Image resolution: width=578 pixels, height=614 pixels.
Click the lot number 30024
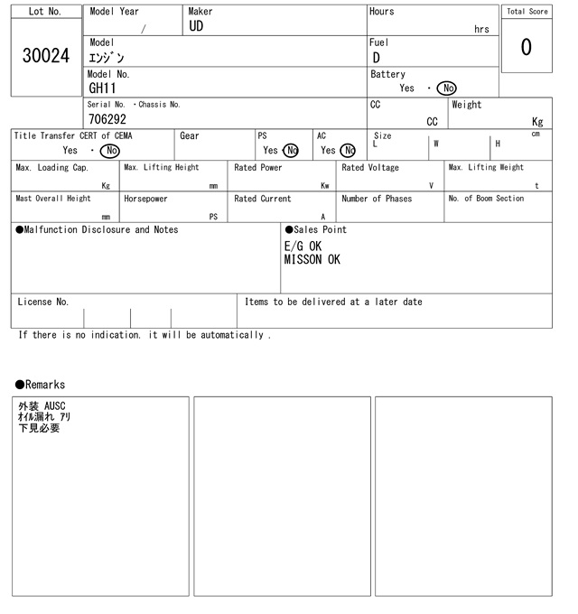[x=46, y=56]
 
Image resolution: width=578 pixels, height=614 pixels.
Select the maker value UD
[x=197, y=26]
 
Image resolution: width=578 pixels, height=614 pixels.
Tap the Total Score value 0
[x=526, y=47]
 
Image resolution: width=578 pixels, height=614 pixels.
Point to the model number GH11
[x=103, y=88]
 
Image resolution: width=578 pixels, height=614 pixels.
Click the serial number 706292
[x=107, y=119]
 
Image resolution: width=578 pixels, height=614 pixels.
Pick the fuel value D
[x=376, y=59]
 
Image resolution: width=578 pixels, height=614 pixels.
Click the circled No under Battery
[x=446, y=88]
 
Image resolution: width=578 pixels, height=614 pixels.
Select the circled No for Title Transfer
[x=109, y=151]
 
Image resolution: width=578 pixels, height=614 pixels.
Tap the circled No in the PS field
[x=290, y=151]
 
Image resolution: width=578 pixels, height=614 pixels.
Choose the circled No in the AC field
[x=348, y=151]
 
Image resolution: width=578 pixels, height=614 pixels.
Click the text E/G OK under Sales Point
[x=303, y=246]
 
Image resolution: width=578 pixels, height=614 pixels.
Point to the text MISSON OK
[x=312, y=260]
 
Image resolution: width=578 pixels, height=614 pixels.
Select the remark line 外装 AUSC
[x=42, y=406]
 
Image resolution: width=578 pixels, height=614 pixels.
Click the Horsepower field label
[x=145, y=199]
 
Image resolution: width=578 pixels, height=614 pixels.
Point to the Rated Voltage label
[x=370, y=168]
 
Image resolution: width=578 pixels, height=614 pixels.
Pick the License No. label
[x=42, y=302]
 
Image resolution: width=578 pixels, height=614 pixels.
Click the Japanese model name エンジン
[x=107, y=58]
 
